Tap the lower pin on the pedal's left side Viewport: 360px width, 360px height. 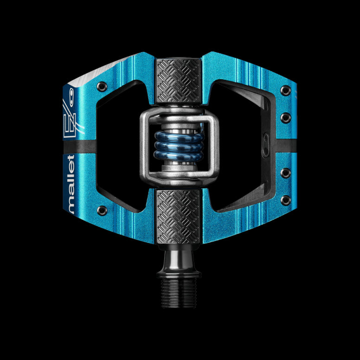(x=102, y=210)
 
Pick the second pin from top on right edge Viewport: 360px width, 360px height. (x=286, y=117)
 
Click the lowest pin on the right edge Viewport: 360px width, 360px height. (x=286, y=199)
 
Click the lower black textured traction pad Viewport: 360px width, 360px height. (x=178, y=216)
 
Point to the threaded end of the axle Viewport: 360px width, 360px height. (x=179, y=293)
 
